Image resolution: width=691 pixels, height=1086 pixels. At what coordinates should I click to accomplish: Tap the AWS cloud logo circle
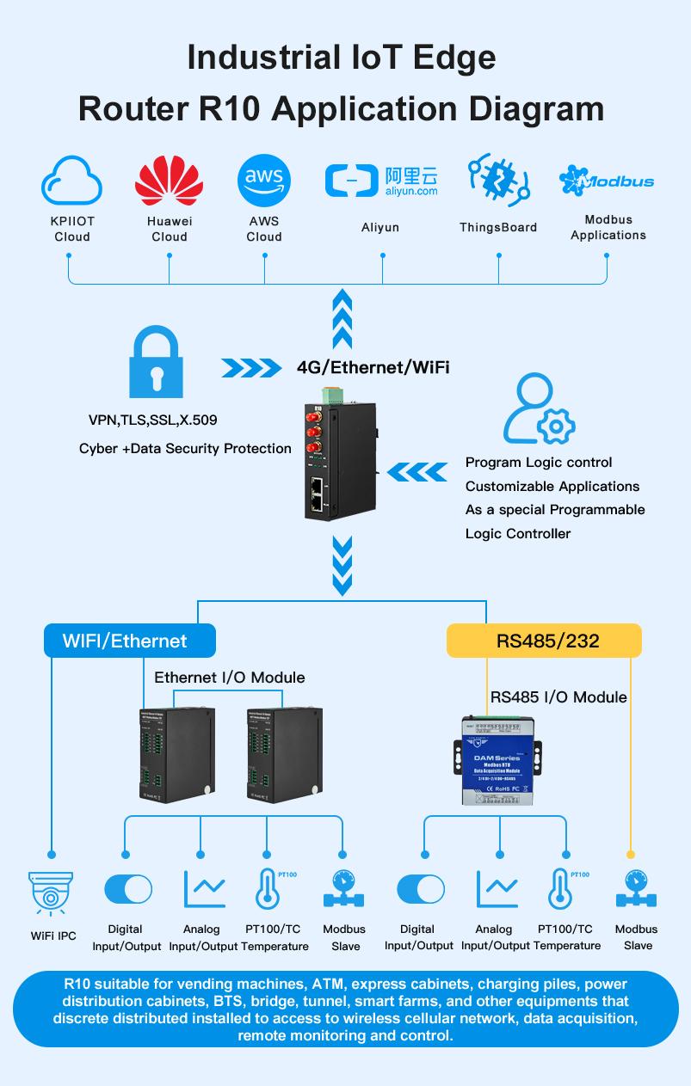click(264, 181)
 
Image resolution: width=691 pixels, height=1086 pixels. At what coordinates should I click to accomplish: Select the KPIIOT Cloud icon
click(71, 181)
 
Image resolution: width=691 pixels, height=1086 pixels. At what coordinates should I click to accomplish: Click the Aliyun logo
click(380, 180)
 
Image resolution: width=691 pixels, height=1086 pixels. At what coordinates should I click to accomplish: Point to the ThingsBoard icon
click(497, 181)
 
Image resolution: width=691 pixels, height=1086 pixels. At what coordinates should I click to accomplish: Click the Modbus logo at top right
click(607, 181)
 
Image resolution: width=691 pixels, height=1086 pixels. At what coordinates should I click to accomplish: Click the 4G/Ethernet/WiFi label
click(373, 367)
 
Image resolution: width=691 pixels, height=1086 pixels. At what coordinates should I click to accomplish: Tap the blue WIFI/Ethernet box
click(129, 641)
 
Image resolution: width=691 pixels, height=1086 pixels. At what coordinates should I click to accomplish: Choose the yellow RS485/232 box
click(544, 641)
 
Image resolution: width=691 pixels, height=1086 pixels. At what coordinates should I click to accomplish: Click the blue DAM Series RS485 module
click(497, 761)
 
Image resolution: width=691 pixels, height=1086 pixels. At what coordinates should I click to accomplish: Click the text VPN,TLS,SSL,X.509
click(153, 420)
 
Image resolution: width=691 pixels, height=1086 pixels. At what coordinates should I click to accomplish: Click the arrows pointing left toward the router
click(417, 472)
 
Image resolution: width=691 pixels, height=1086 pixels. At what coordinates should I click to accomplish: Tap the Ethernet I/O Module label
click(229, 678)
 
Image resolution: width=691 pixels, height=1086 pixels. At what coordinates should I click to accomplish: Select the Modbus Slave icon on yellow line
click(636, 893)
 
